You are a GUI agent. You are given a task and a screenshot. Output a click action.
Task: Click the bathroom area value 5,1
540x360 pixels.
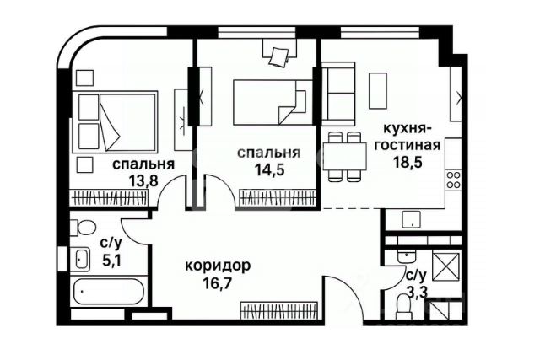click(111, 259)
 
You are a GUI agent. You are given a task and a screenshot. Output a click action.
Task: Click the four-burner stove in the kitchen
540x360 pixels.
click(453, 178)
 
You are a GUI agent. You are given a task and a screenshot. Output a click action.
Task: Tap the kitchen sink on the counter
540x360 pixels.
click(410, 220)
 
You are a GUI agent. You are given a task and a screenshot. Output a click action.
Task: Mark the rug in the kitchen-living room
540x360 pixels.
click(380, 87)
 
